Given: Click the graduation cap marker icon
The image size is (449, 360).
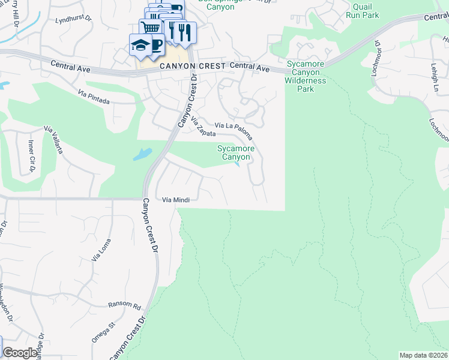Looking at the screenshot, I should coord(140,44).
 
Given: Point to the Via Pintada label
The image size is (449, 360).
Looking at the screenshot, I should coord(94,97).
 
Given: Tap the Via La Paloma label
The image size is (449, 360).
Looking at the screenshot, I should coord(234,128).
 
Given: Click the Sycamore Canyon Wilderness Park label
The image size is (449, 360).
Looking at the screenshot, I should coord(306,76).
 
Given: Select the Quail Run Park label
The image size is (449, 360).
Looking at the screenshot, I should coord(366,11).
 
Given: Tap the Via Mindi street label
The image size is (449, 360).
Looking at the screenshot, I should coord(176,199).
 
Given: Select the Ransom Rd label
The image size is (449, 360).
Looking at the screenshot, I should coord(124,305).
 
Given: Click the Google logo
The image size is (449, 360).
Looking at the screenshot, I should coord(20,353).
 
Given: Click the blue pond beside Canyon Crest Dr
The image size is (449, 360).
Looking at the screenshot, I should coord(143,154).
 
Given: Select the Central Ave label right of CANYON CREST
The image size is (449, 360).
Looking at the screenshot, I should coord(249,68).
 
